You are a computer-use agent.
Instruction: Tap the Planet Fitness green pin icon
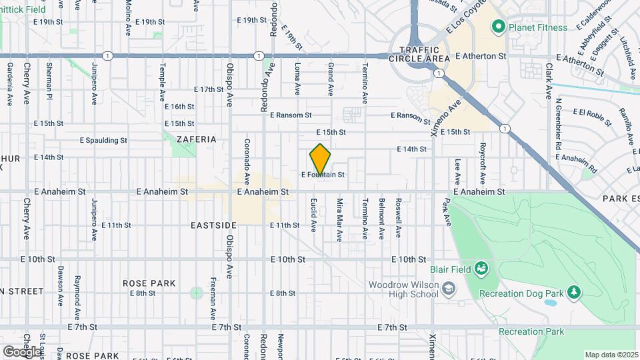[x=497, y=27]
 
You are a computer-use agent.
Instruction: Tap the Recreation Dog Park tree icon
[x=572, y=293]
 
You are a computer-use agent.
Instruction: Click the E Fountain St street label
[x=323, y=175]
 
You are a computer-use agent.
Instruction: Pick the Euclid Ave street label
[x=313, y=215]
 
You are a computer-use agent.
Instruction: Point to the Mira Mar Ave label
[x=339, y=219]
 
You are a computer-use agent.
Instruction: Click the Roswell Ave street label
[x=398, y=218]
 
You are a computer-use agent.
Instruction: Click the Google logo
[x=22, y=351]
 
